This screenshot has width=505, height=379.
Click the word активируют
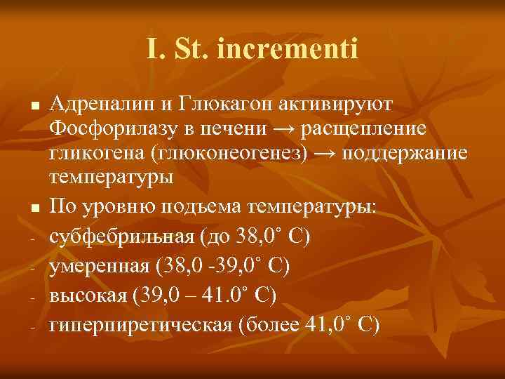[x=329, y=105]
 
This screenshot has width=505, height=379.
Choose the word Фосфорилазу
[x=104, y=129]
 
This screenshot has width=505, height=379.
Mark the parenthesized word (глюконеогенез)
[x=224, y=153]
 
